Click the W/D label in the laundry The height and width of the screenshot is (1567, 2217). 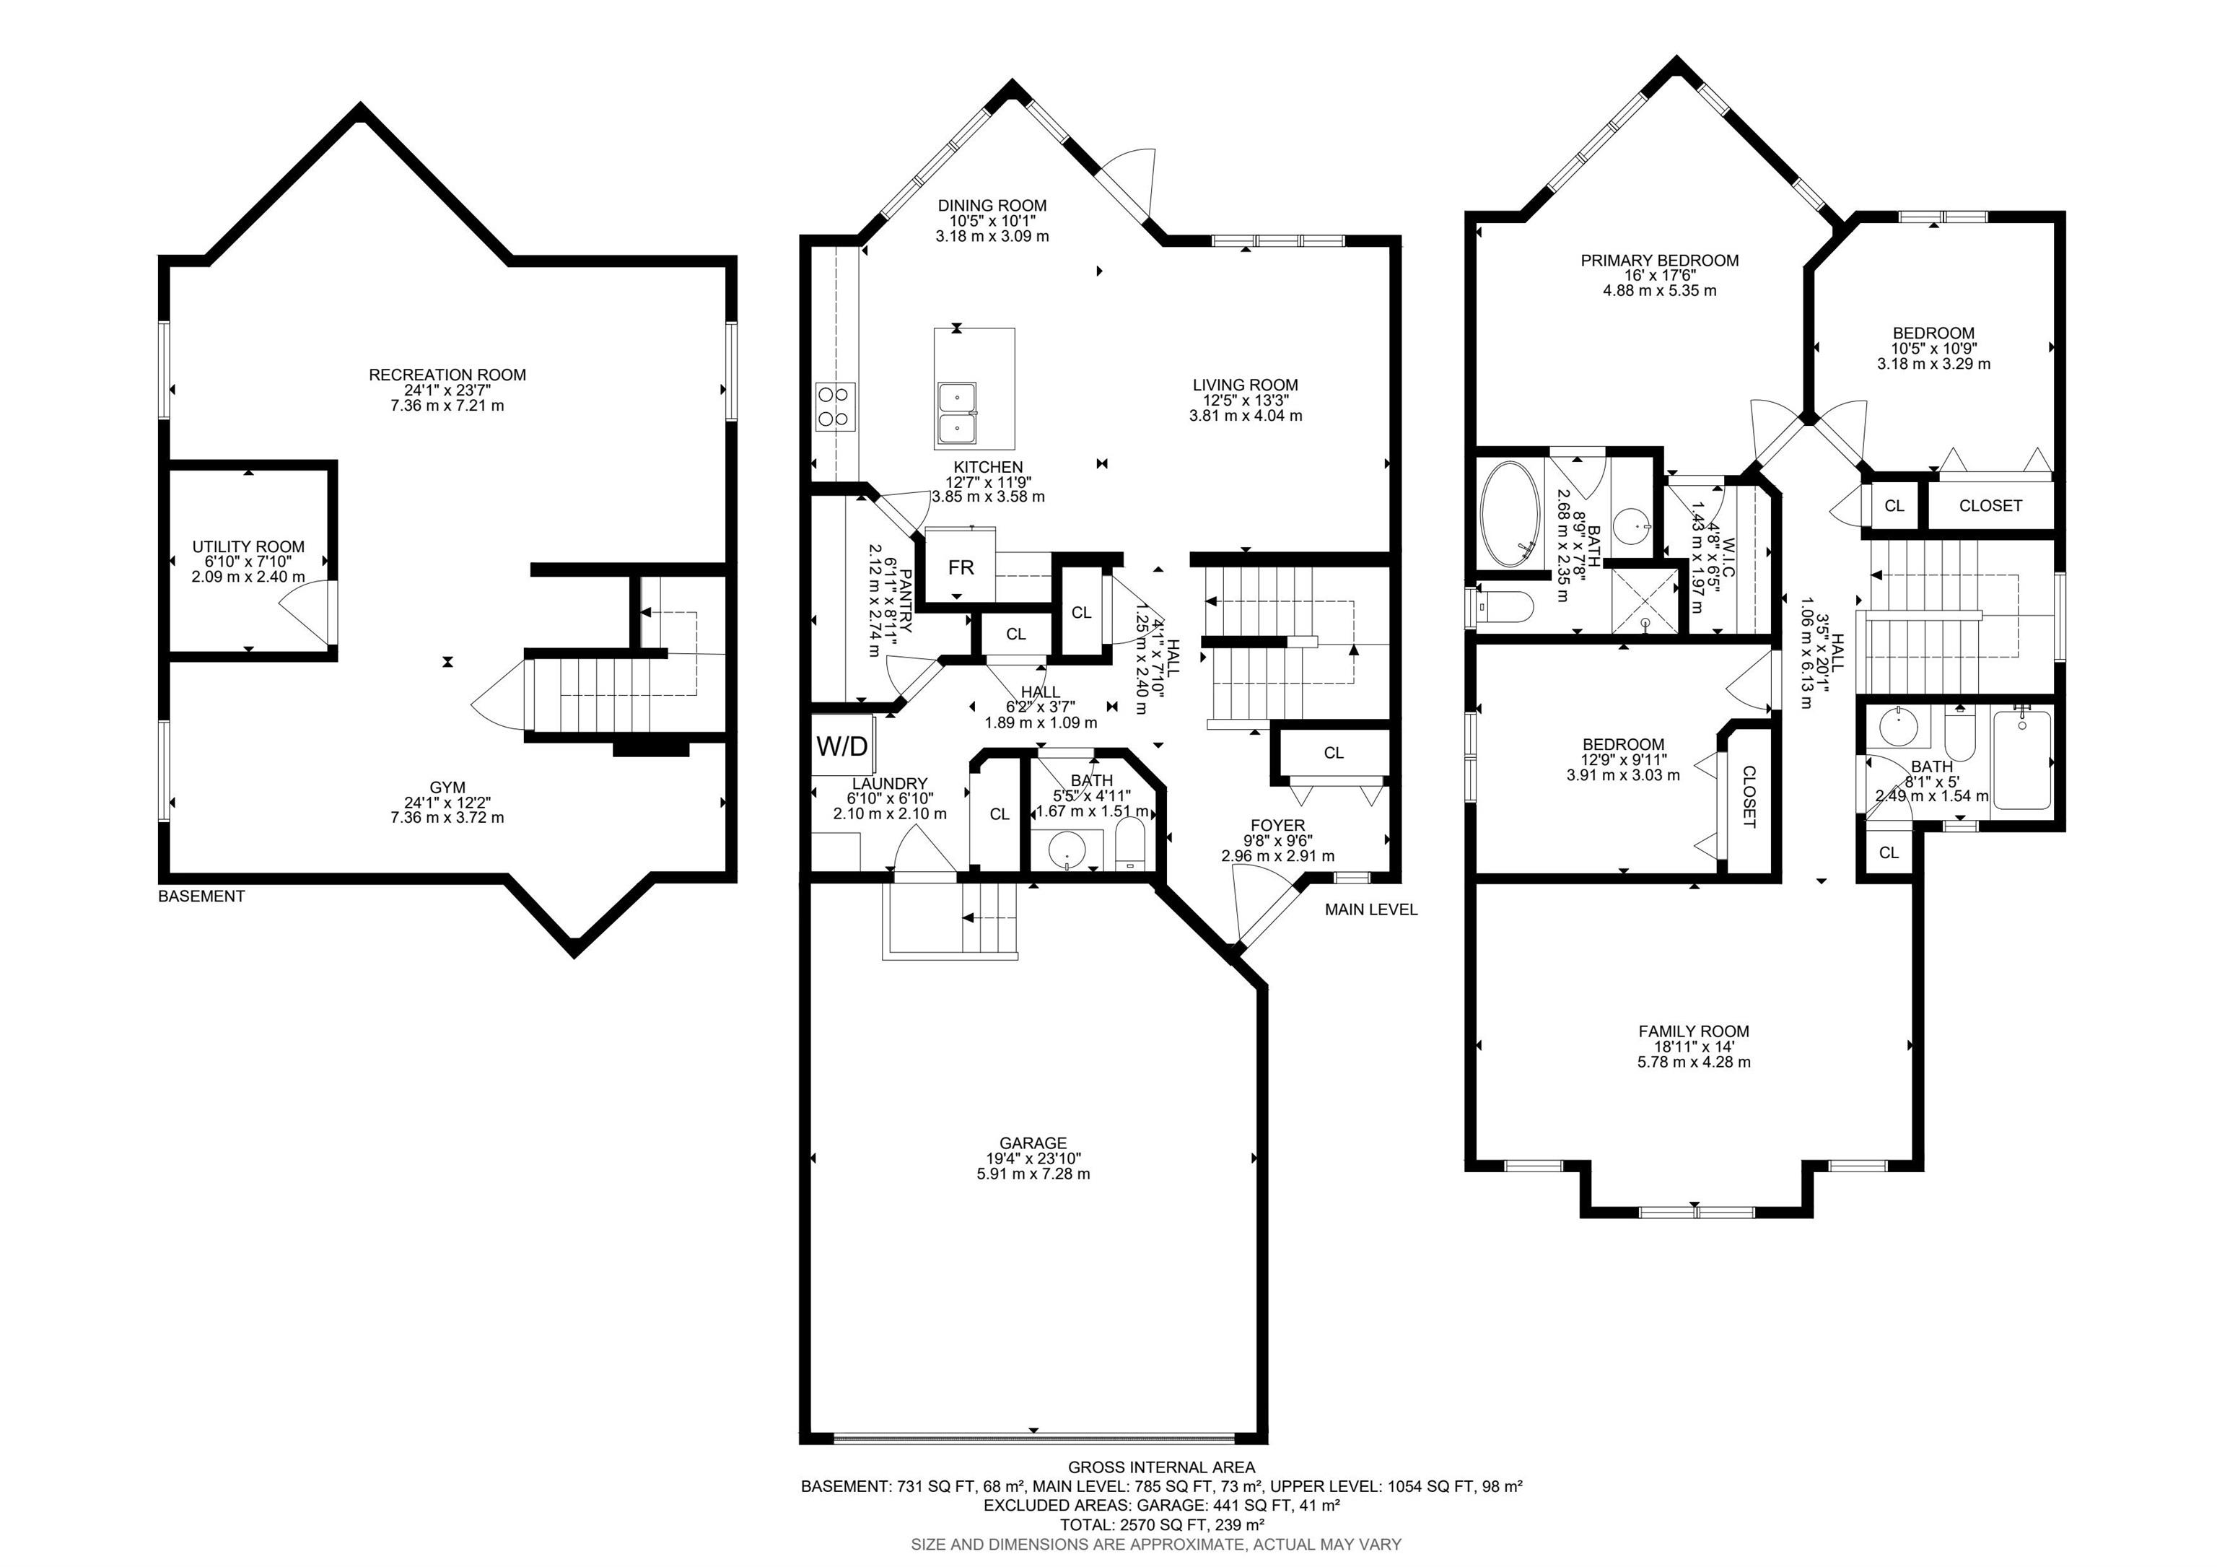coord(842,746)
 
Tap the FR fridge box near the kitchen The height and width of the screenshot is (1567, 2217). coord(961,568)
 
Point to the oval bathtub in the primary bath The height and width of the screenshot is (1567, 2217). coord(1511,515)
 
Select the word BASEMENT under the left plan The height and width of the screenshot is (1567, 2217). coord(201,896)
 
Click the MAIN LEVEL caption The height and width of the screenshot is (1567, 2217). coord(1371,909)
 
